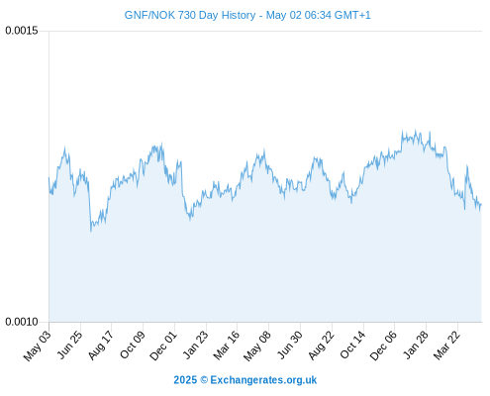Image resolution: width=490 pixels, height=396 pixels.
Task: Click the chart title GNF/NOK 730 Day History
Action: coord(190,15)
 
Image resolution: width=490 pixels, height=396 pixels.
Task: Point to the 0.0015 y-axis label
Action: coord(22,31)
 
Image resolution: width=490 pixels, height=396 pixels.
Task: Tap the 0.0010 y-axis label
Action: coord(22,322)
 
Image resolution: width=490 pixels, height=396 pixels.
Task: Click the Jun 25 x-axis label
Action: coord(70,345)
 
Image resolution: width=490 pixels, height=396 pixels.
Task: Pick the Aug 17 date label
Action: coord(101,345)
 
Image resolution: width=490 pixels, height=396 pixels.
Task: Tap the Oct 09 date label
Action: coord(132,345)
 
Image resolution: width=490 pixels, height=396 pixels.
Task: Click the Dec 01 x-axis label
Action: coord(163,346)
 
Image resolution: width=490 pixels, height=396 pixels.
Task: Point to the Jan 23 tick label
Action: coord(196,345)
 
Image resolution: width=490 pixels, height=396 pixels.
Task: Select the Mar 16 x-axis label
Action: coord(226,346)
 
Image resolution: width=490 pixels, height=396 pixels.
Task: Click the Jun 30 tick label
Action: coord(289,345)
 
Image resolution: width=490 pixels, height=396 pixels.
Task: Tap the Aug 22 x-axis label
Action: coord(321,346)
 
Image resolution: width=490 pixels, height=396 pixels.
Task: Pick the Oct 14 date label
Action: coord(352,345)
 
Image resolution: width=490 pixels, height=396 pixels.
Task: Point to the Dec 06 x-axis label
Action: coord(383,346)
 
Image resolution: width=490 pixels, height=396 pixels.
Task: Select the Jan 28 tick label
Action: coord(416,345)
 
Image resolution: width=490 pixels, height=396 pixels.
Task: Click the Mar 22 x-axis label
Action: coord(446,345)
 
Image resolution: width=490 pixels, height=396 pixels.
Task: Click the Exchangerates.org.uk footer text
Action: coord(263,380)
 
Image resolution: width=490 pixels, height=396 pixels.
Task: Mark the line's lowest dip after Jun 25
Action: coord(91,231)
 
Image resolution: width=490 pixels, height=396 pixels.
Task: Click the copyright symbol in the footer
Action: coord(204,380)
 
